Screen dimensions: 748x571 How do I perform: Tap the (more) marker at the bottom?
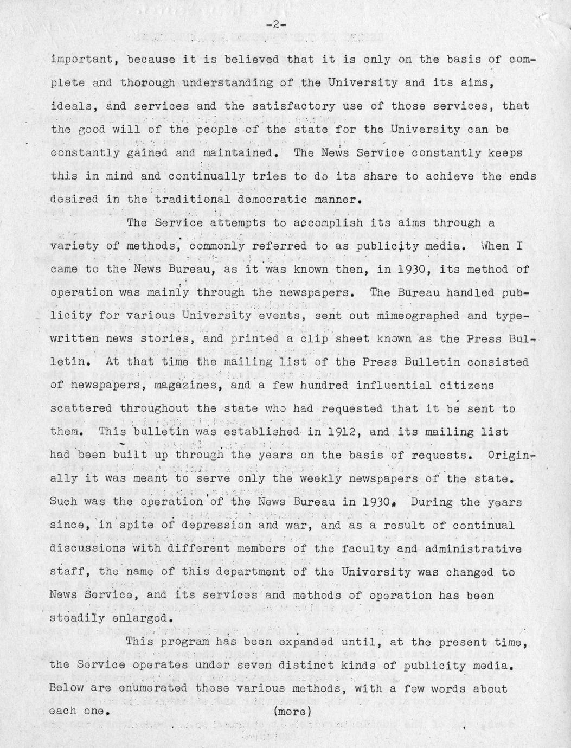point(292,711)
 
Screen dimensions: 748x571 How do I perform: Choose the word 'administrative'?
point(471,549)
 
